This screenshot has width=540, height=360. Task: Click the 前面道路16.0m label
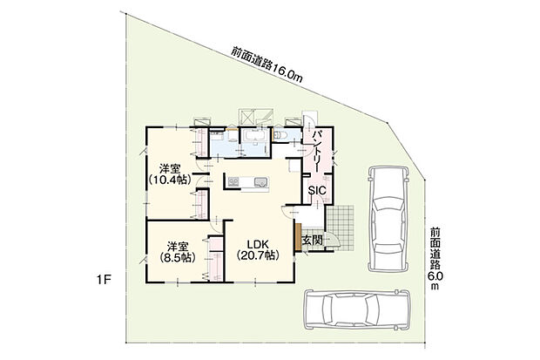pos(267,65)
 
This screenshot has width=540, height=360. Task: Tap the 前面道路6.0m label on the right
pos(434,258)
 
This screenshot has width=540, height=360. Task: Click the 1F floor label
pos(104,281)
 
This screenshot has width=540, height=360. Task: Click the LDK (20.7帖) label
pos(257,248)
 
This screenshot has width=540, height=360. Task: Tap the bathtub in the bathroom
pos(255,139)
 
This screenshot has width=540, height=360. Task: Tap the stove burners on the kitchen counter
pos(233,181)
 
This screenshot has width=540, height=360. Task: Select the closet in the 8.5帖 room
pos(213,258)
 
